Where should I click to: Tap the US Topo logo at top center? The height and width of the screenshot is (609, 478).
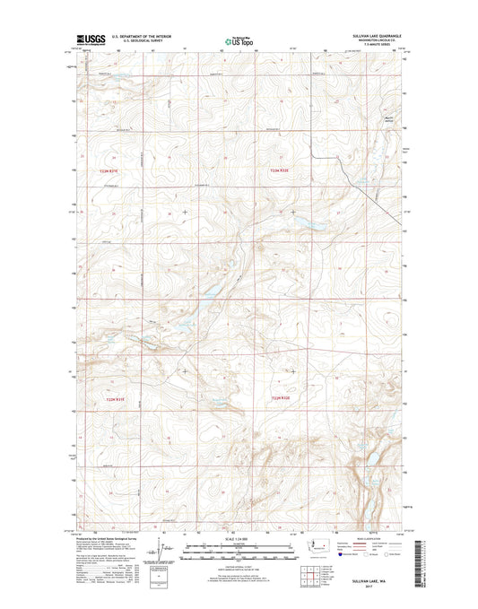[x=238, y=39]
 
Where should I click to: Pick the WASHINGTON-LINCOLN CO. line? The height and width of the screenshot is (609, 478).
[x=384, y=41]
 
